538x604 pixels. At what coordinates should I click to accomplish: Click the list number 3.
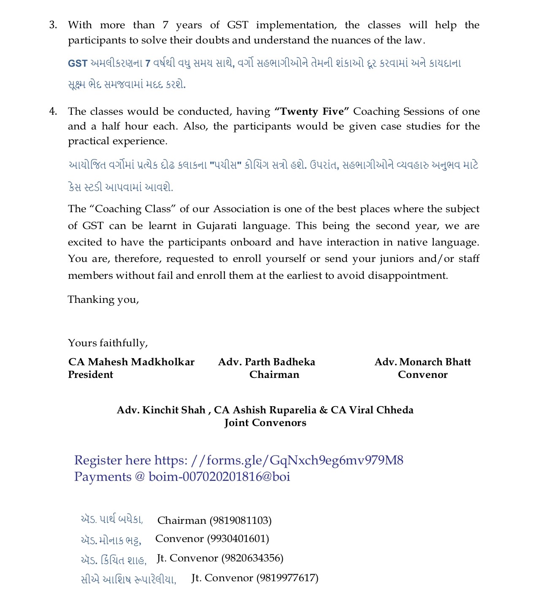pos(53,25)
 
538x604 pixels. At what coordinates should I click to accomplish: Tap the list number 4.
pos(53,112)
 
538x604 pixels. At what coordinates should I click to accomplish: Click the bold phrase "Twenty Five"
pos(312,112)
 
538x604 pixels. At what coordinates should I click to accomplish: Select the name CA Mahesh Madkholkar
pos(131,362)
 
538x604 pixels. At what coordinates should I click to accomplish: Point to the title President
pos(90,375)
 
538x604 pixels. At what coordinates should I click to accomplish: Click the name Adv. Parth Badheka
pos(266,362)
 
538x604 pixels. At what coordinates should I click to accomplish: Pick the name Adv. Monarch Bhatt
pos(422,362)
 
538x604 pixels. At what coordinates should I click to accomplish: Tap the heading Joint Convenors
pos(265,423)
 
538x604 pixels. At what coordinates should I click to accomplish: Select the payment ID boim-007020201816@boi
pos(219,477)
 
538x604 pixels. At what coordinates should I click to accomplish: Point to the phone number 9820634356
pos(252,558)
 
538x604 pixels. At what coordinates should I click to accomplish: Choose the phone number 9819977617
pos(287,578)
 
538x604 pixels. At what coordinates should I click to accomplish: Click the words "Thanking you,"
pos(103,300)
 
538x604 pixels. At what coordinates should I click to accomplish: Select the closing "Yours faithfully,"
pos(108,343)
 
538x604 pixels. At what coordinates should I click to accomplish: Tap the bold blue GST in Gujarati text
pos(78,64)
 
